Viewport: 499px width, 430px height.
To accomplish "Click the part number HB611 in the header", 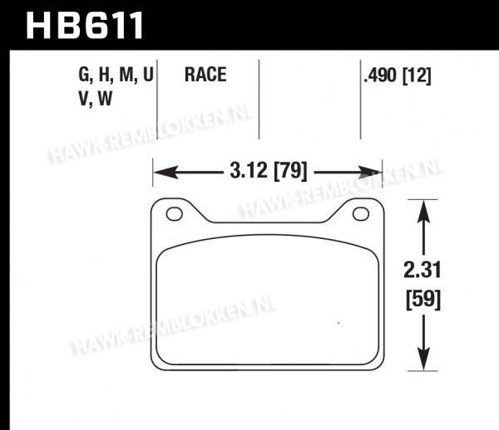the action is click(x=84, y=25).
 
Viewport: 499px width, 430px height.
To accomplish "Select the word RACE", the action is click(x=205, y=75).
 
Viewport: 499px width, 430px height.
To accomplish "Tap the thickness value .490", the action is click(x=381, y=76).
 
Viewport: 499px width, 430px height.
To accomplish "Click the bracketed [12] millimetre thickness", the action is click(x=417, y=76).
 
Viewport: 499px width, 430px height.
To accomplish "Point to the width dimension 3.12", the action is click(x=249, y=170).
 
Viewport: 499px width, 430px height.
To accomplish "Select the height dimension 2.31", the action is click(x=422, y=270).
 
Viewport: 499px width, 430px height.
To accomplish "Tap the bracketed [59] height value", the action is click(x=423, y=299).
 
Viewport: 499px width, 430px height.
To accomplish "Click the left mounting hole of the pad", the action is click(x=175, y=213).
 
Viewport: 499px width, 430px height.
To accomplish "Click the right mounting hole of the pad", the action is click(x=361, y=213).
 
